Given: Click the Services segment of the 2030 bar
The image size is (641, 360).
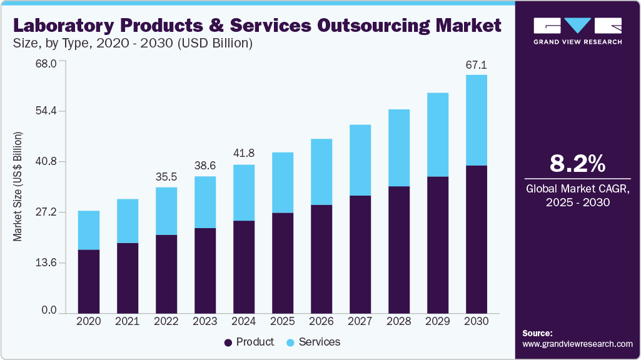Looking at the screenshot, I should pyautogui.click(x=477, y=120).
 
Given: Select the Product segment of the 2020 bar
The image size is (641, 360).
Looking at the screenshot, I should pyautogui.click(x=88, y=281).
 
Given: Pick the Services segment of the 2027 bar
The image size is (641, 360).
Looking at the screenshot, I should pyautogui.click(x=360, y=160).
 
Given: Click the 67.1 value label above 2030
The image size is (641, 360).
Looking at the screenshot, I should pyautogui.click(x=477, y=65).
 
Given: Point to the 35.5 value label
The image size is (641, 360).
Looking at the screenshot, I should pyautogui.click(x=166, y=177).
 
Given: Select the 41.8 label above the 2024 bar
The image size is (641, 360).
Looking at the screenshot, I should pyautogui.click(x=244, y=154).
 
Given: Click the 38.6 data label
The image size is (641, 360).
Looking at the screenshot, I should pyautogui.click(x=205, y=166).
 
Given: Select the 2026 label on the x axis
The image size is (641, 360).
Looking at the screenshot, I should pyautogui.click(x=321, y=321).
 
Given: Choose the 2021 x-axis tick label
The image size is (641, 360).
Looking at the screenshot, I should pyautogui.click(x=128, y=321).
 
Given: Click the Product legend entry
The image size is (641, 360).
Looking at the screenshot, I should pyautogui.click(x=249, y=342).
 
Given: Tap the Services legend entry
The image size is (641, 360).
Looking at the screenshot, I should pyautogui.click(x=313, y=342).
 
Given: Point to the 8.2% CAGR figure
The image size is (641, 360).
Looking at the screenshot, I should pyautogui.click(x=577, y=164).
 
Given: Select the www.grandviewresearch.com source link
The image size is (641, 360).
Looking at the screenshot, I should pyautogui.click(x=577, y=344).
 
